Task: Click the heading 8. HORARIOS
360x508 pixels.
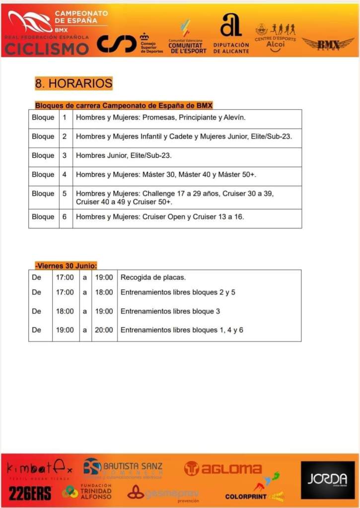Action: (x=73, y=83)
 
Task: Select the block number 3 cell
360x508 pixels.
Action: (x=65, y=155)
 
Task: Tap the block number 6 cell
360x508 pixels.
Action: (x=65, y=217)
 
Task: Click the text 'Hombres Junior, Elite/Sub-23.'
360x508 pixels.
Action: (x=124, y=155)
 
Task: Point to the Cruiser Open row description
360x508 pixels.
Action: (x=160, y=217)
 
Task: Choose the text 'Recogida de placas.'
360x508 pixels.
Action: (x=153, y=277)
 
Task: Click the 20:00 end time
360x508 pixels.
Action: (x=104, y=330)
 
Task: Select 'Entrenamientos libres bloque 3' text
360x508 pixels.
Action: (x=170, y=311)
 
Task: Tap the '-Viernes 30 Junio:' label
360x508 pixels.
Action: (x=66, y=265)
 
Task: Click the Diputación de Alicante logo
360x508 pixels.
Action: (x=231, y=33)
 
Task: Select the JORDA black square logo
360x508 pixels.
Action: (x=327, y=480)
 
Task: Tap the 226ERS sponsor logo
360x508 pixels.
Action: (x=30, y=493)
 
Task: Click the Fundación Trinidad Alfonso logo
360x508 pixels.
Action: (x=87, y=492)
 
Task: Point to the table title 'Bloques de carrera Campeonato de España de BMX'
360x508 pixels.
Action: (x=124, y=105)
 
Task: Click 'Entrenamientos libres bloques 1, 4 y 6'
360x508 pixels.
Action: (x=182, y=330)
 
